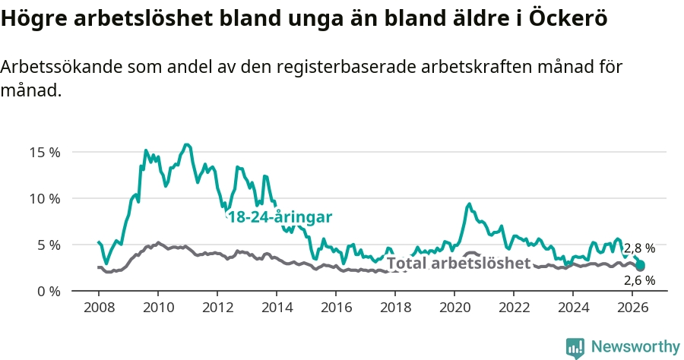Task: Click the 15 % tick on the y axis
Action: (45, 153)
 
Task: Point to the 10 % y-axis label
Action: (45, 199)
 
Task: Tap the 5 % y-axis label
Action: (49, 245)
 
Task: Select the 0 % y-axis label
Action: (49, 291)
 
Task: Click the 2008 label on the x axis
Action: (99, 307)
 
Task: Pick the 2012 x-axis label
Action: (217, 307)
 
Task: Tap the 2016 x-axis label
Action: (337, 307)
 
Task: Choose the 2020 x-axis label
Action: (455, 307)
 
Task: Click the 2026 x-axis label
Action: (632, 307)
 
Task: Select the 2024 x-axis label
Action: (574, 307)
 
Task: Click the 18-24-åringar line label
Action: (280, 216)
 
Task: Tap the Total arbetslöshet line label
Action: (458, 263)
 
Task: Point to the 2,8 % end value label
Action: (639, 248)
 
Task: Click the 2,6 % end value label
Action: (639, 280)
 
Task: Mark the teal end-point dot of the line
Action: (640, 265)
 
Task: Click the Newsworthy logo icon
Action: (575, 348)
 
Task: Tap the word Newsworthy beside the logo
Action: (635, 347)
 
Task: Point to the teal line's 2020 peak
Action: (470, 204)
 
